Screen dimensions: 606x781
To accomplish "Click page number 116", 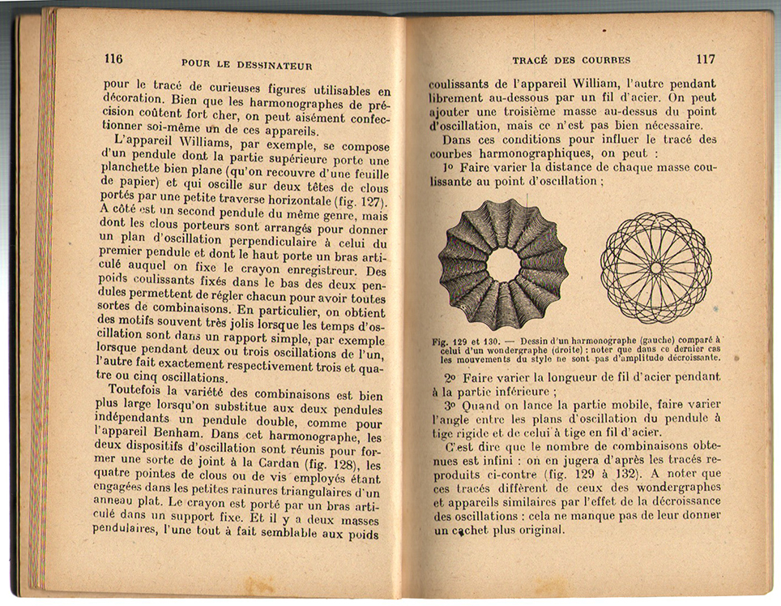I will [x=113, y=58].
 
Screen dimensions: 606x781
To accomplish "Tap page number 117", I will [x=705, y=59].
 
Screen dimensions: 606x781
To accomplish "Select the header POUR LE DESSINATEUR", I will [x=246, y=64].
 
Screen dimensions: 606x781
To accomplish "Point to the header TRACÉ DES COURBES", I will [x=571, y=60].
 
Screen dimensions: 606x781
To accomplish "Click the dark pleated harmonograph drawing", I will [x=503, y=263].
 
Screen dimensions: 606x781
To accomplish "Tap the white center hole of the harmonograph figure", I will [x=503, y=264].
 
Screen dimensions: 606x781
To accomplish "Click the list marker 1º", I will [x=448, y=167].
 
